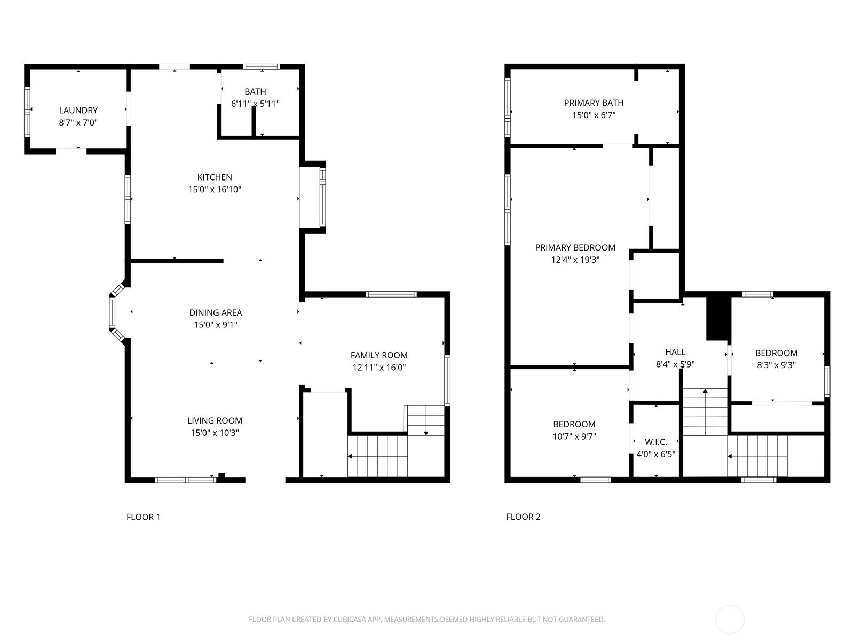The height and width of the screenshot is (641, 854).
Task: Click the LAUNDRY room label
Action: point(78,111)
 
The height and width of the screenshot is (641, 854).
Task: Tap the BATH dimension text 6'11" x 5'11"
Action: point(255,104)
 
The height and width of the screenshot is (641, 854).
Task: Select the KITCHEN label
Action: point(215,177)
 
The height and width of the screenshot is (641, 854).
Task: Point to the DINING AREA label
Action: point(216,312)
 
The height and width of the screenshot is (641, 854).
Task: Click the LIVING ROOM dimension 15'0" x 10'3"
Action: point(215,433)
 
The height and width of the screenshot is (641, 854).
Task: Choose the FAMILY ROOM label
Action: point(379,355)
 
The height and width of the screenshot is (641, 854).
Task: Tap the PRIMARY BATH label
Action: point(594,103)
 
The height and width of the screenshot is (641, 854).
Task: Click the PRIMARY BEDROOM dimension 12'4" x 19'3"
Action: point(575,260)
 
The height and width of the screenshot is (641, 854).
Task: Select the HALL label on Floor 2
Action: point(675,352)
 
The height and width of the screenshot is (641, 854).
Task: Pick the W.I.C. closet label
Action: point(656,442)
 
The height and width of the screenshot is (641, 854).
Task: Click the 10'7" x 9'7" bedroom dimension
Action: point(574,436)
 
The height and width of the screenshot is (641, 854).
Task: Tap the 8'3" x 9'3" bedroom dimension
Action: point(776,365)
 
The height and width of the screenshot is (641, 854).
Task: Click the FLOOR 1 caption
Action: point(143,517)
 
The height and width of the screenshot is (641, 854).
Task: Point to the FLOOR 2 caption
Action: point(523,517)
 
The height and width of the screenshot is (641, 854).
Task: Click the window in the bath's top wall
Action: point(262,67)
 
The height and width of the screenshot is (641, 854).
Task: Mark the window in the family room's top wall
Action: point(391,294)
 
